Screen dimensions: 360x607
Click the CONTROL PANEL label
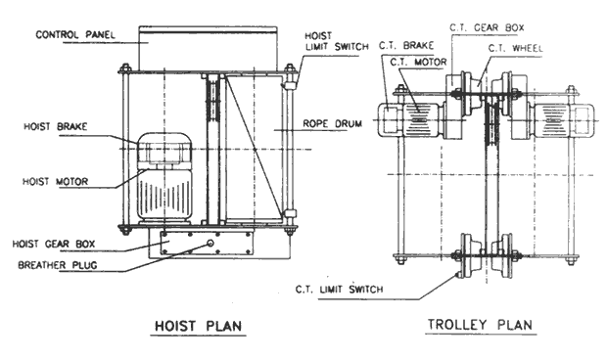tap(70, 35)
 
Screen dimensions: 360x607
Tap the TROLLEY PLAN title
tap(478, 326)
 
